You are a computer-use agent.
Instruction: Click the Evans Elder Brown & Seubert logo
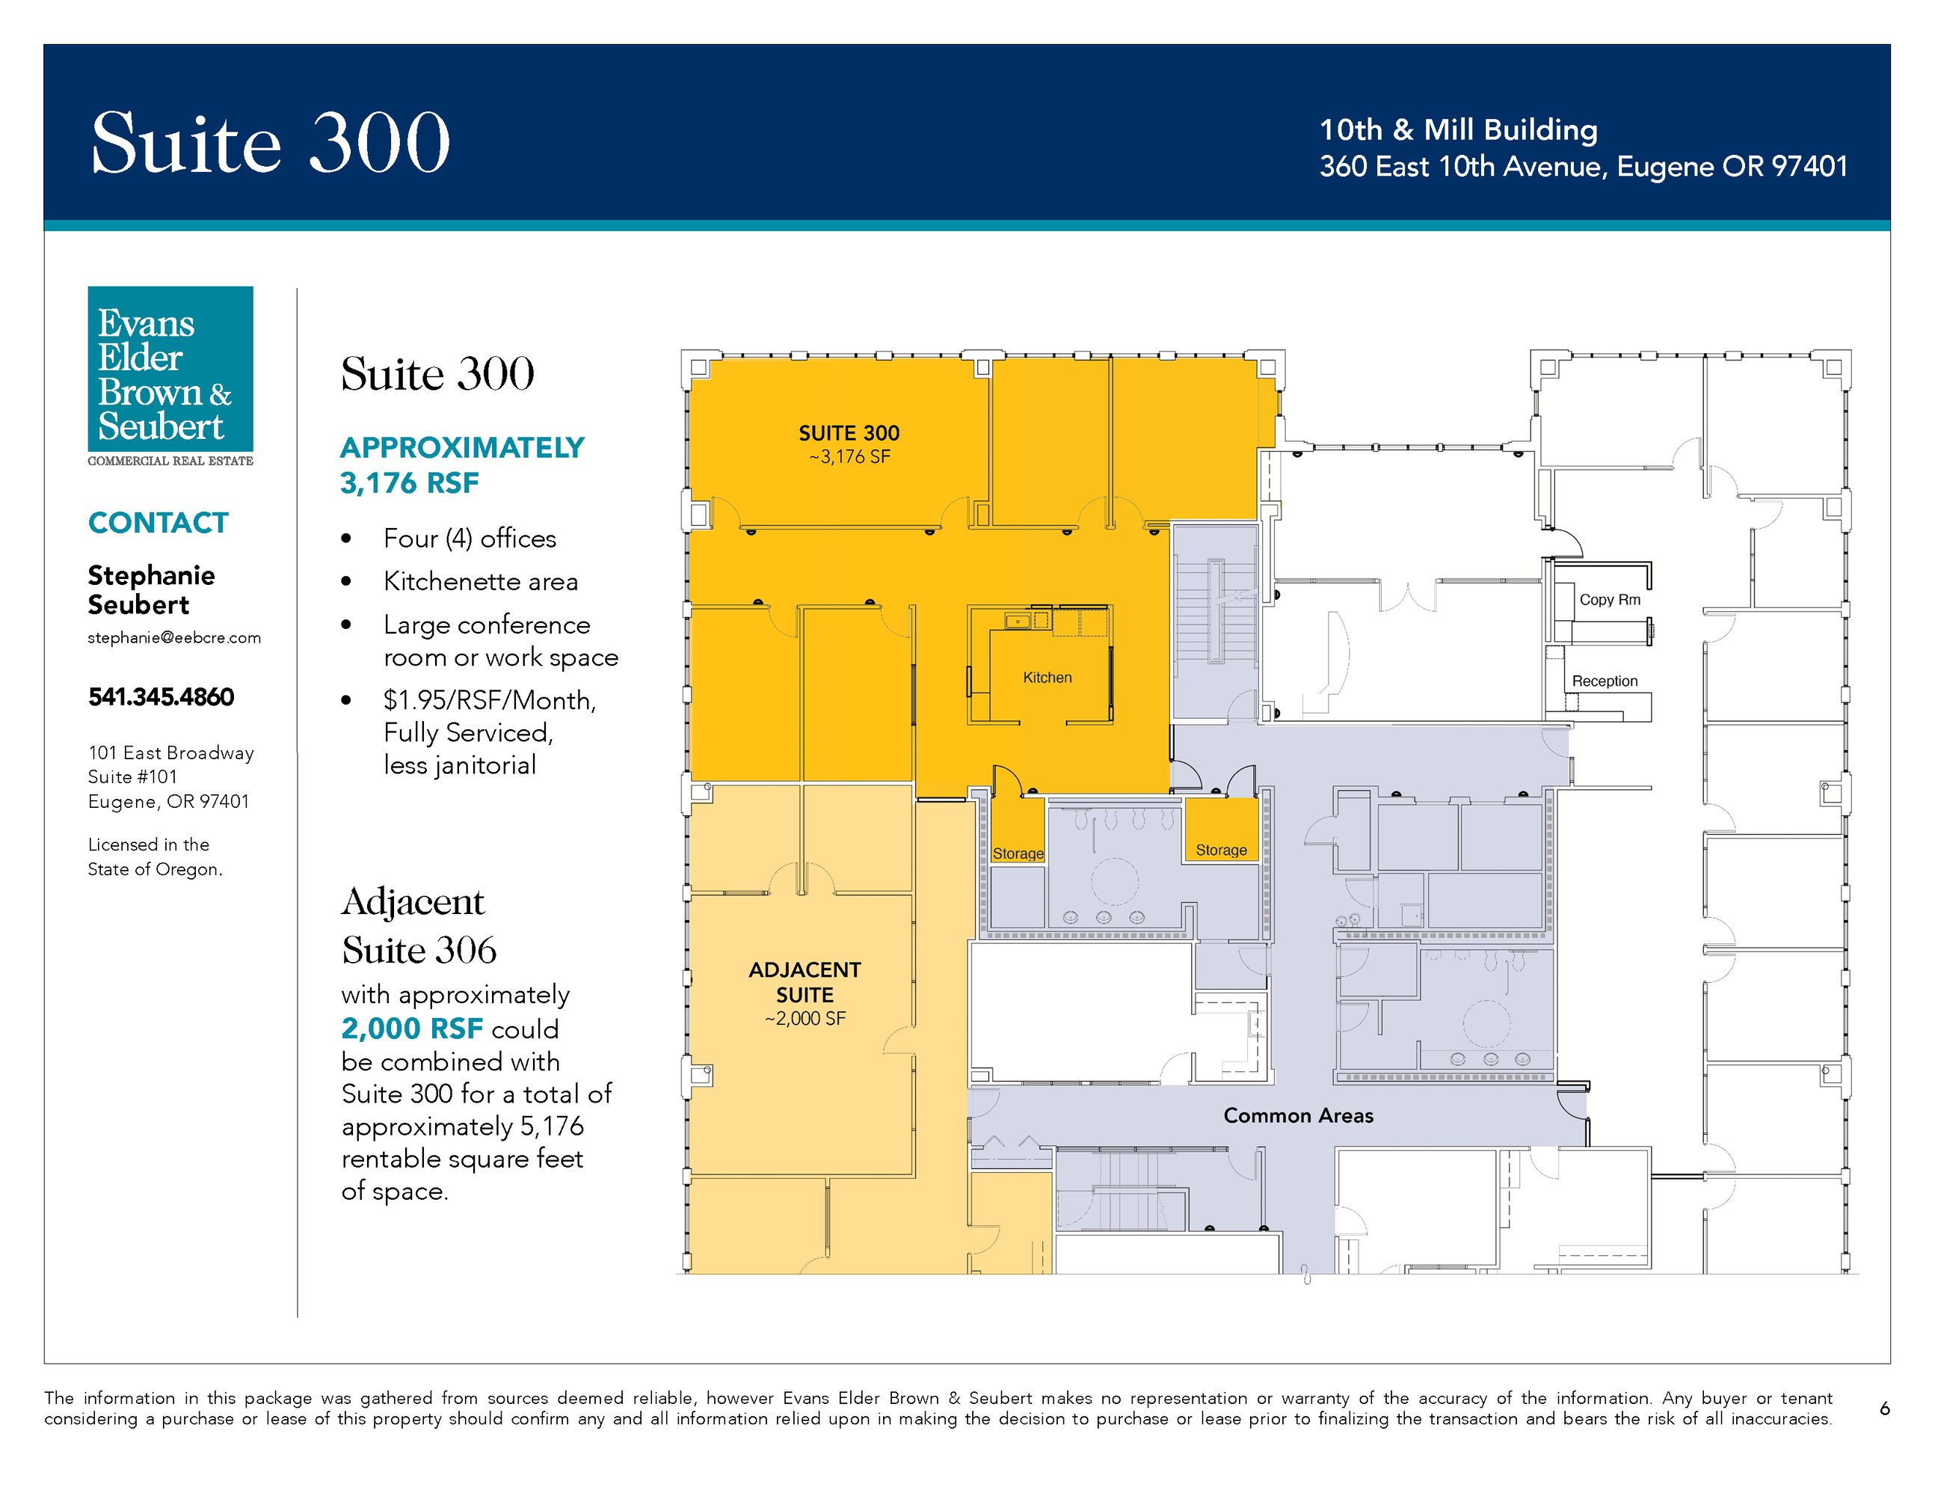click(x=170, y=377)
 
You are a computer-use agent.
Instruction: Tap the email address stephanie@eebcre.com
click(x=174, y=638)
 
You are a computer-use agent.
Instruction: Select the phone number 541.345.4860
click(x=161, y=696)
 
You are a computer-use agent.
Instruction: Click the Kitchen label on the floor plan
click(x=1048, y=678)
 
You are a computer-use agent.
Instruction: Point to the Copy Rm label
click(x=1610, y=600)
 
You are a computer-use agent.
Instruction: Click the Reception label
click(x=1605, y=681)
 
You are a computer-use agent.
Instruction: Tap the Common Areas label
click(x=1298, y=1116)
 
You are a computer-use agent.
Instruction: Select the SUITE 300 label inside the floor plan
click(x=849, y=433)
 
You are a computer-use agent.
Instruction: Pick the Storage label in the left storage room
click(x=1018, y=854)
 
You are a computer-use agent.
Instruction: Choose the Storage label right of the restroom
click(x=1221, y=850)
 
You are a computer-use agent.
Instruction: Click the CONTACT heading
click(x=159, y=523)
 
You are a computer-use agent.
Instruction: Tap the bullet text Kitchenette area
click(x=481, y=581)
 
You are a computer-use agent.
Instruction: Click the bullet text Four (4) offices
click(x=470, y=539)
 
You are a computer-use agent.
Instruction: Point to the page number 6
click(x=1884, y=1408)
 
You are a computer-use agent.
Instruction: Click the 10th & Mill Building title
click(x=1458, y=130)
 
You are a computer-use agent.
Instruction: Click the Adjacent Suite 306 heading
click(x=419, y=926)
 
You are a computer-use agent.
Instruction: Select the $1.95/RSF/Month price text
click(x=489, y=701)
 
